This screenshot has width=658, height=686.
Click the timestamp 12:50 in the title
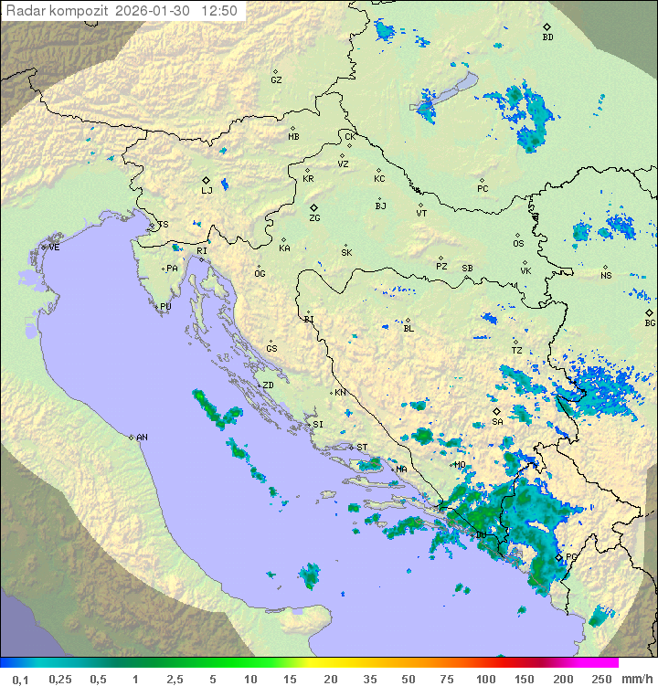coord(220,11)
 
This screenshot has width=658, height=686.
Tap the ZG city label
coord(314,218)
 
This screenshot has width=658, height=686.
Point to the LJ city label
coord(207,190)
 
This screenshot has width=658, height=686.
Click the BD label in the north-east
coord(547,37)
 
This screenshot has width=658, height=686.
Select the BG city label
coord(650,322)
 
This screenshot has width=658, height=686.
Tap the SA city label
coord(497,422)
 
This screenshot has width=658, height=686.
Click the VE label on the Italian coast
coord(54,248)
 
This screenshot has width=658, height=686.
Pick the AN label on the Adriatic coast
coord(142,438)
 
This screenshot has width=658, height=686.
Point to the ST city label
coord(362,448)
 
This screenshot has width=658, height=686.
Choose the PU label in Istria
coord(165,307)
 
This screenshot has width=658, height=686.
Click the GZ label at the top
coord(276,79)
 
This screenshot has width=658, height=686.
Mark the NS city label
coord(606,275)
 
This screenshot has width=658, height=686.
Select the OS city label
coord(518,244)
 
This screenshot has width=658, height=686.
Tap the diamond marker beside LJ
coord(207,180)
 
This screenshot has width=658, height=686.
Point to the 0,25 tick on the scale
coord(60,679)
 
